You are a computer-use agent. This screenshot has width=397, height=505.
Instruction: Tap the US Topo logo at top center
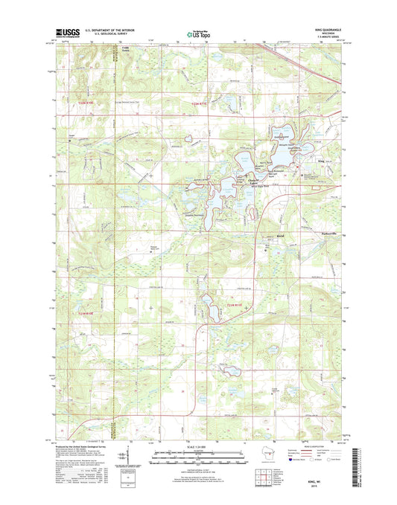(198, 33)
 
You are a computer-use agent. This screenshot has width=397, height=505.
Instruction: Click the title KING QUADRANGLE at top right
(325, 30)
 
